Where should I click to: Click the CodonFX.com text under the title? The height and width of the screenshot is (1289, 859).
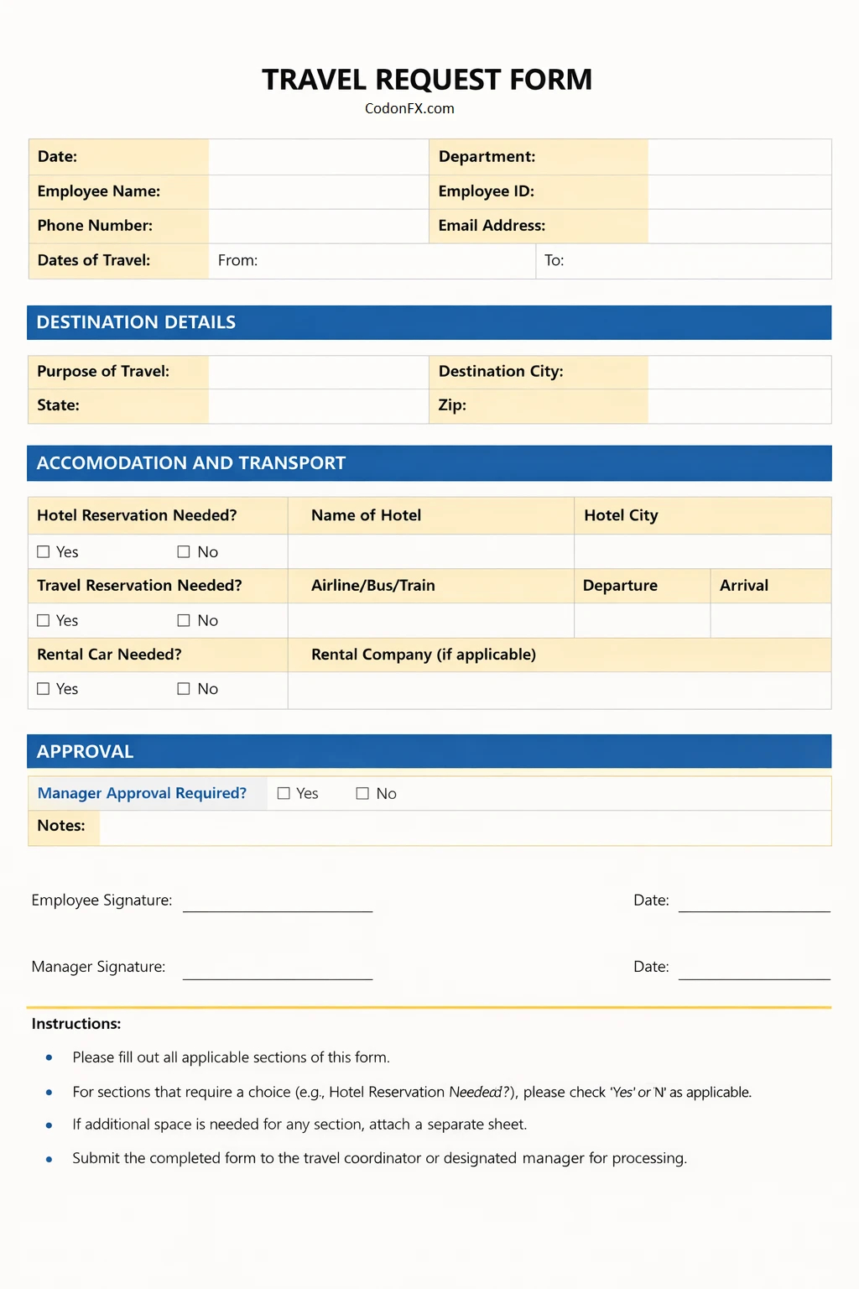(409, 108)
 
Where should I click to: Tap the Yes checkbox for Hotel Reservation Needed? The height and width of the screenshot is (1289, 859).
(44, 551)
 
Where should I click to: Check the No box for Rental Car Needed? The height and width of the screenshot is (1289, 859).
(184, 688)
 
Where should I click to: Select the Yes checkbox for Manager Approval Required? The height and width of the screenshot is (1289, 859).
(284, 793)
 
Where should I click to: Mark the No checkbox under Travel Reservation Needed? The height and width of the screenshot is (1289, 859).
(184, 620)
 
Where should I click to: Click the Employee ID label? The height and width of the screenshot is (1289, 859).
(486, 191)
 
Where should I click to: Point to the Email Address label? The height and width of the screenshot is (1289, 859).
(492, 226)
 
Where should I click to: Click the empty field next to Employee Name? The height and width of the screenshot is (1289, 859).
(318, 191)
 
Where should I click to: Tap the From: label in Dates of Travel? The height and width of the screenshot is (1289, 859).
(237, 260)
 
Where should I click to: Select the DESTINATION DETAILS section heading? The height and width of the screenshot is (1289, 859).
(136, 322)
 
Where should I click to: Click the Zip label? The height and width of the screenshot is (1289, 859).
(452, 405)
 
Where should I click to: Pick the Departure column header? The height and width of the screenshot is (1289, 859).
(620, 586)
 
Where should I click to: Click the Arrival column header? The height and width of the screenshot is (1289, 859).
(743, 586)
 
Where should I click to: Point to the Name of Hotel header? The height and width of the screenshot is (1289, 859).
(366, 515)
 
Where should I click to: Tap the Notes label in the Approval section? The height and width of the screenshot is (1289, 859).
(61, 826)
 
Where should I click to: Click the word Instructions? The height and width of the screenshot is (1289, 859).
(76, 1024)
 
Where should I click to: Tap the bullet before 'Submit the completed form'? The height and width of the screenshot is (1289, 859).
(49, 1159)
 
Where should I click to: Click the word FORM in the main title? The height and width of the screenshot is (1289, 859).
(550, 80)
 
